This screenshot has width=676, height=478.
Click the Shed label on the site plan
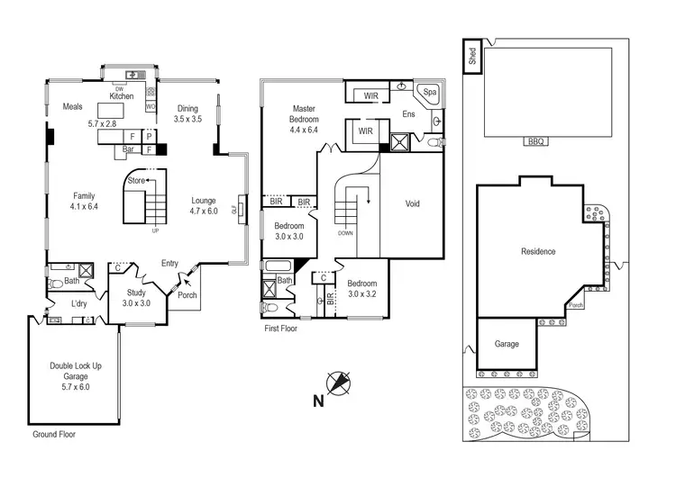471,57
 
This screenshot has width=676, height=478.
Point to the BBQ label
534,142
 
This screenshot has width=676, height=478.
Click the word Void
412,203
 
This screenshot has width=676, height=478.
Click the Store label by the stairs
136,180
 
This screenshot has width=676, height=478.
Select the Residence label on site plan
537,252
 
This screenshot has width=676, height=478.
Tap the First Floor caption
280,329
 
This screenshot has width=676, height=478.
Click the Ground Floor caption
54,434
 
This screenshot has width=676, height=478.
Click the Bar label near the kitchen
128,149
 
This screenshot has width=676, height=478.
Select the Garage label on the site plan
507,344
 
